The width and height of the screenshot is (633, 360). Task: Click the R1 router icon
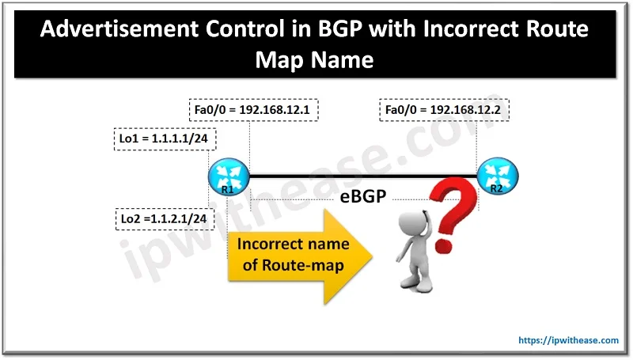229,176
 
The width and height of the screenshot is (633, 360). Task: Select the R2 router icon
498,176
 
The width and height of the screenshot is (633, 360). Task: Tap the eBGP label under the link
363,196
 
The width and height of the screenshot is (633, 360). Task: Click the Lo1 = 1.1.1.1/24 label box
165,139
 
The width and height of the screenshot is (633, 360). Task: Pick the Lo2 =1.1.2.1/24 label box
165,219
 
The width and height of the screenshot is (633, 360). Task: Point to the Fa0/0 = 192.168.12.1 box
253,110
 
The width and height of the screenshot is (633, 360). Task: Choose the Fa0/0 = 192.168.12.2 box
444,110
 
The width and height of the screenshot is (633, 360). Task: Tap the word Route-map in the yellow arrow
303,266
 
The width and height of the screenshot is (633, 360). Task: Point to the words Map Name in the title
314,60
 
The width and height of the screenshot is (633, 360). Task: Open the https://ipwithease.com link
568,340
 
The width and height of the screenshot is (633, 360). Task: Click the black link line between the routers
363,176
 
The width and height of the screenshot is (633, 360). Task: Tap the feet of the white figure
416,286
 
